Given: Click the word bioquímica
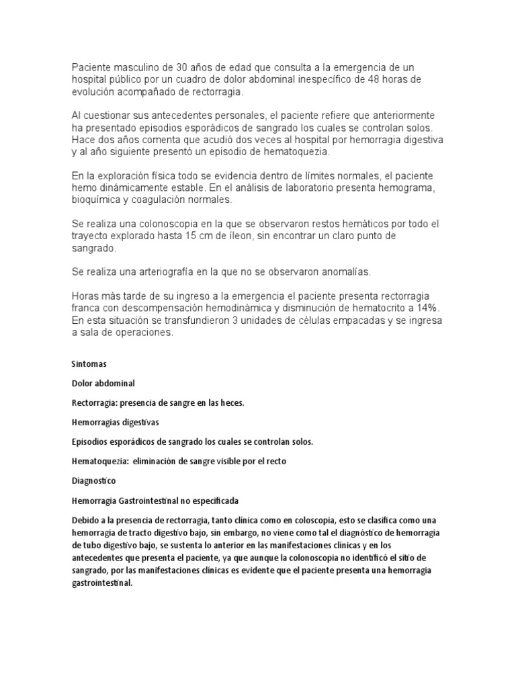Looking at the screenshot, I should coord(98,200).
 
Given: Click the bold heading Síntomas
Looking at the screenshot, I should coord(88,364).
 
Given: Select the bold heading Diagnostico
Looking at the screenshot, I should coord(93,481).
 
